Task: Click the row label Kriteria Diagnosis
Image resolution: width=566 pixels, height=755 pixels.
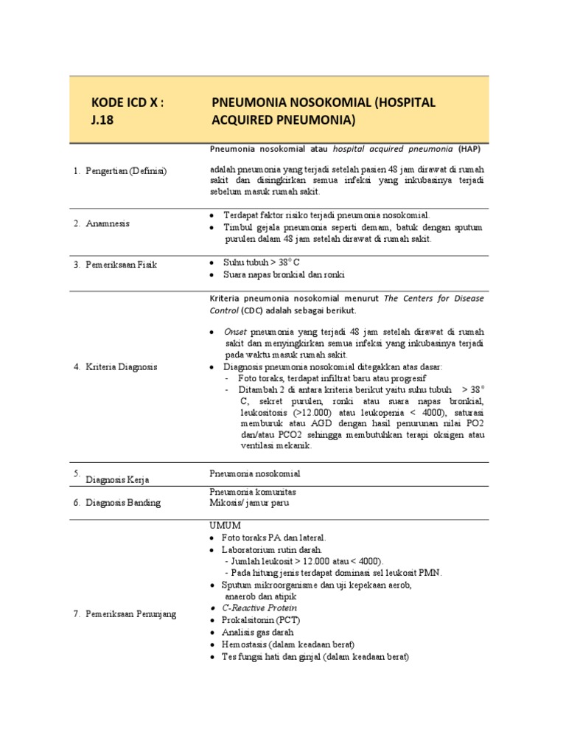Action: tap(120, 366)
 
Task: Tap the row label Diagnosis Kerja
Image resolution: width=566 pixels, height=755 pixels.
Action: tap(118, 479)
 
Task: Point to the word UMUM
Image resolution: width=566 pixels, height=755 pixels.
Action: tap(226, 525)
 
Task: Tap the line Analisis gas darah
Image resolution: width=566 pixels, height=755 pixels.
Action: tap(257, 632)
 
